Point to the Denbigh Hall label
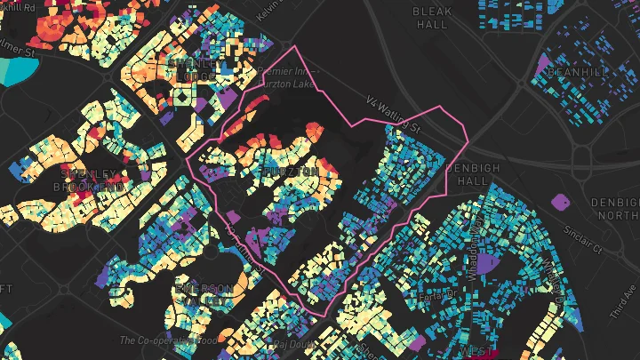(466, 174)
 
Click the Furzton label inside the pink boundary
(291, 170)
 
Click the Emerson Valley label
(205, 295)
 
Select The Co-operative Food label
(168, 340)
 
